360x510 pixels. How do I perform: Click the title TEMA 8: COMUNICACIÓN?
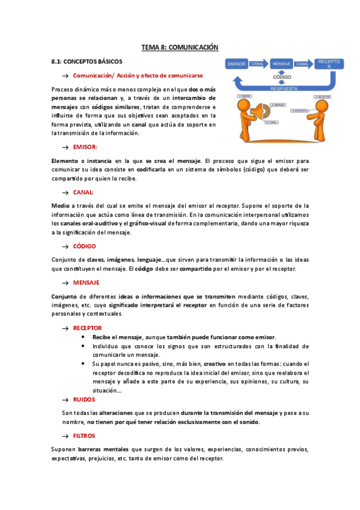click(180, 47)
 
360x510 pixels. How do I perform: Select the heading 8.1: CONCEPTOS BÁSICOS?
click(87, 61)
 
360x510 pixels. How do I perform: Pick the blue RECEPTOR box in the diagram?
click(329, 63)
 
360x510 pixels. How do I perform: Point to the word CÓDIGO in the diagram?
click(282, 78)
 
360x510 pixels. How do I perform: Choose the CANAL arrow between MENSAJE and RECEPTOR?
click(303, 63)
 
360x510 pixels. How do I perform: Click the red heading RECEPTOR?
click(87, 328)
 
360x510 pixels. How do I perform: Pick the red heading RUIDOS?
click(84, 399)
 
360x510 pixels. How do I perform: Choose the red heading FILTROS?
click(84, 435)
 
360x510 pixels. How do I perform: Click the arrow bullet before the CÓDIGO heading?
click(65, 247)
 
